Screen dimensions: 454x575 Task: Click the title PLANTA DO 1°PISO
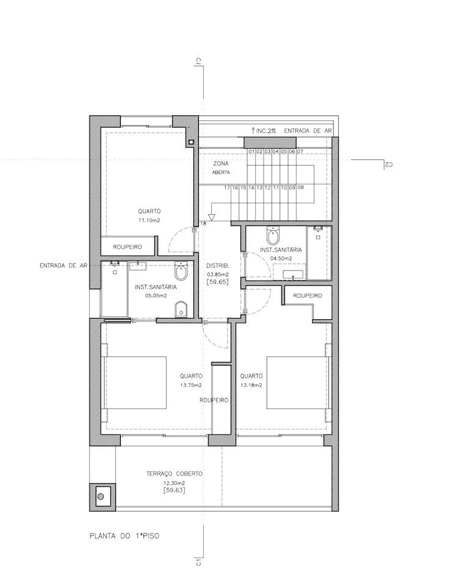(x=124, y=536)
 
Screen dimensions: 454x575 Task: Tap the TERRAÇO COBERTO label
(x=174, y=474)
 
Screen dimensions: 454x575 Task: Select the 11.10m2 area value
(x=149, y=220)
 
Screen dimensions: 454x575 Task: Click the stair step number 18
(x=204, y=223)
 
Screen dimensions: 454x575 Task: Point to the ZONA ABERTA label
(x=221, y=168)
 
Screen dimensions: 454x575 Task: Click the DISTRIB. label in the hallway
(x=217, y=266)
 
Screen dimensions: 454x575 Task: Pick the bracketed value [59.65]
(x=217, y=282)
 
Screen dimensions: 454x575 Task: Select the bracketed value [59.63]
(x=174, y=490)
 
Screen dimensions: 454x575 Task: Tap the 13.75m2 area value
(x=191, y=385)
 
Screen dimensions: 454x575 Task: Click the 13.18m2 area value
(x=251, y=385)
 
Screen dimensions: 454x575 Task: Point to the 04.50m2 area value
(x=281, y=258)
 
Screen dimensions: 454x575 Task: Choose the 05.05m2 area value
(x=156, y=295)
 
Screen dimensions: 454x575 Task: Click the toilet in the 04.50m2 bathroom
(x=273, y=236)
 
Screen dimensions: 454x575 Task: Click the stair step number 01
(x=251, y=151)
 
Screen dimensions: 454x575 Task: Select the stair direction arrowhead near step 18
(x=211, y=217)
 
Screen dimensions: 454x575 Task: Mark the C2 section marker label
(x=388, y=165)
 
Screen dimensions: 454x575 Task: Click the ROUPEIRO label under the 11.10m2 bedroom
(x=128, y=247)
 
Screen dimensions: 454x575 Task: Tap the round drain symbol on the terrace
(x=101, y=497)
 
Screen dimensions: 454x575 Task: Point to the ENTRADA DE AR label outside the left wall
(x=63, y=266)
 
